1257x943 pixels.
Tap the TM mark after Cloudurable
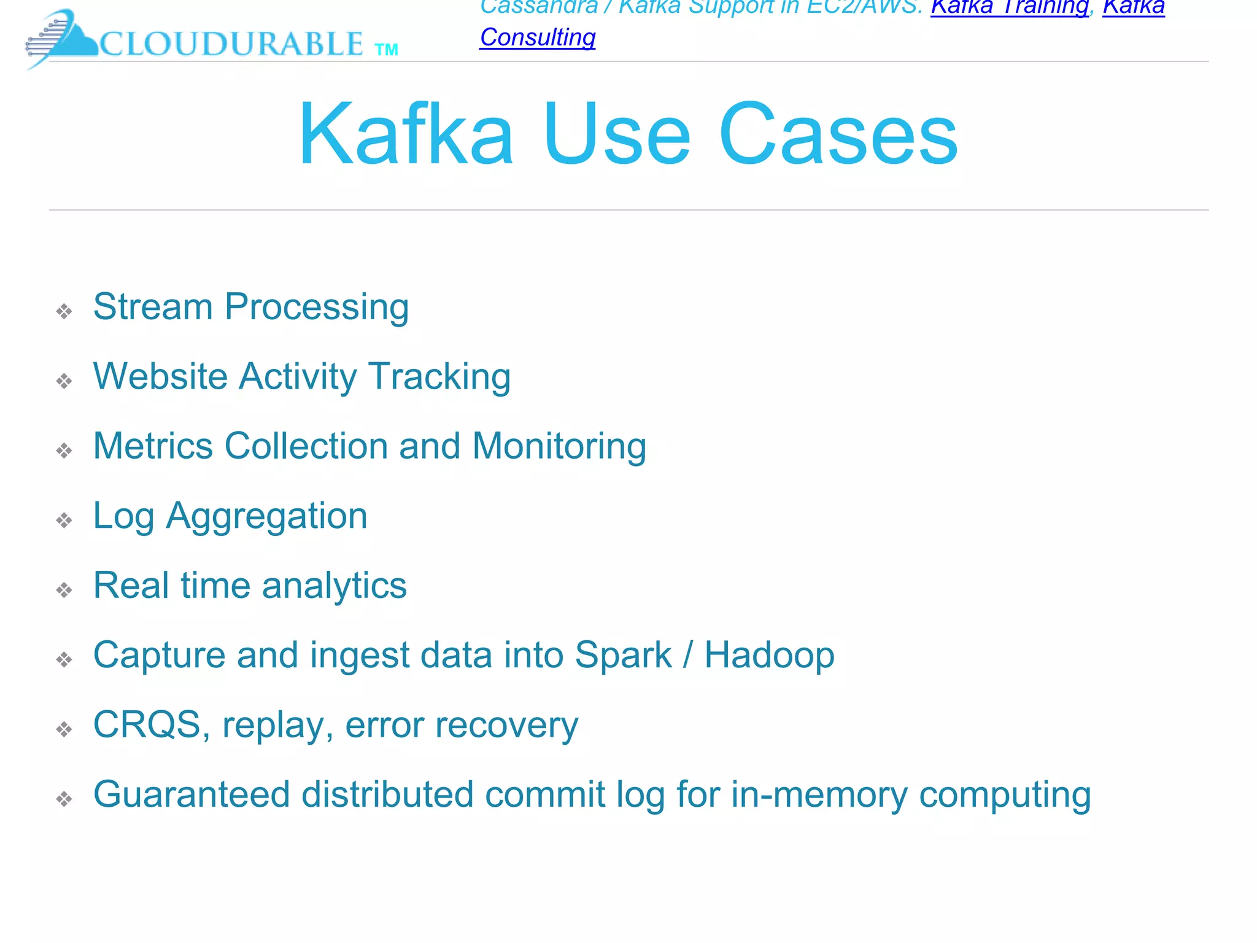pyautogui.click(x=386, y=50)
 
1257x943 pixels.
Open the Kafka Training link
pyautogui.click(x=1010, y=7)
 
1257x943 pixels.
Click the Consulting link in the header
pyautogui.click(x=538, y=37)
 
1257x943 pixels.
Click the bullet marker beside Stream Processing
pyautogui.click(x=64, y=311)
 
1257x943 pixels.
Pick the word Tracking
pyautogui.click(x=439, y=377)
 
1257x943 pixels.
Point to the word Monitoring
pyautogui.click(x=559, y=447)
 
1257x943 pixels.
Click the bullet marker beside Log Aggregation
pyautogui.click(x=64, y=521)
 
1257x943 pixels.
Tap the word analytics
pyautogui.click(x=335, y=586)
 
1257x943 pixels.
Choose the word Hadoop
pyautogui.click(x=770, y=655)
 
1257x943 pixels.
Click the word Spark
pyautogui.click(x=624, y=655)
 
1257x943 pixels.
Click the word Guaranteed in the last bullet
pyautogui.click(x=191, y=794)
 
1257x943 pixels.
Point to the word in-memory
pyautogui.click(x=819, y=794)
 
